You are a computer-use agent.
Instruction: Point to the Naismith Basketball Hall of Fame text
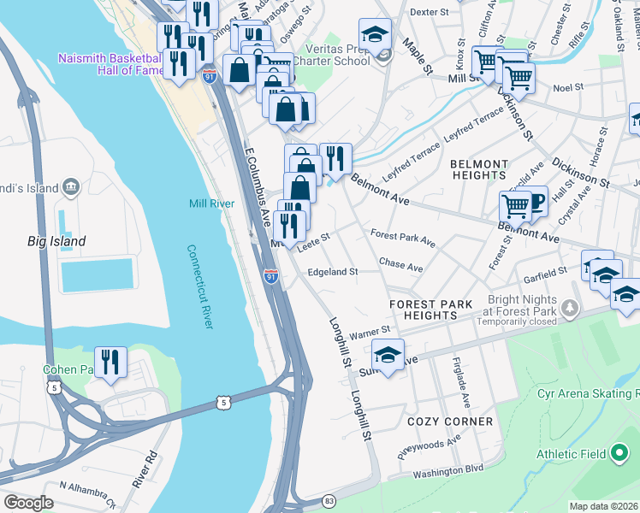pos(110,64)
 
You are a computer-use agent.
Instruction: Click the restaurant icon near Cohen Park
pos(110,363)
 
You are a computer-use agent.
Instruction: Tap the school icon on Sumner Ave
pos(388,355)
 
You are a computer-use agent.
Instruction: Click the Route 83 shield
pos(329,500)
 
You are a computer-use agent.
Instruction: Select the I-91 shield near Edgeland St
pos(270,276)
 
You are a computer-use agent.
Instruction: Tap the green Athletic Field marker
pos(620,454)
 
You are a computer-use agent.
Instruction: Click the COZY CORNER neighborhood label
pos(450,422)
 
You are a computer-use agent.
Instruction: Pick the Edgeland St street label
pos(332,272)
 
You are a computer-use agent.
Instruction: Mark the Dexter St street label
pos(430,13)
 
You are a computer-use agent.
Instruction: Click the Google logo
pos(27,502)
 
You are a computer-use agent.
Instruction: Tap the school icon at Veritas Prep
pos(375,36)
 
